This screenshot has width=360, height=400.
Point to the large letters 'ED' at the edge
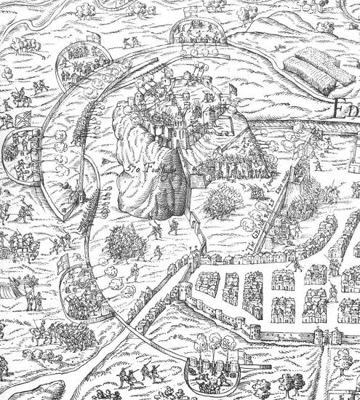tap(347, 111)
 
